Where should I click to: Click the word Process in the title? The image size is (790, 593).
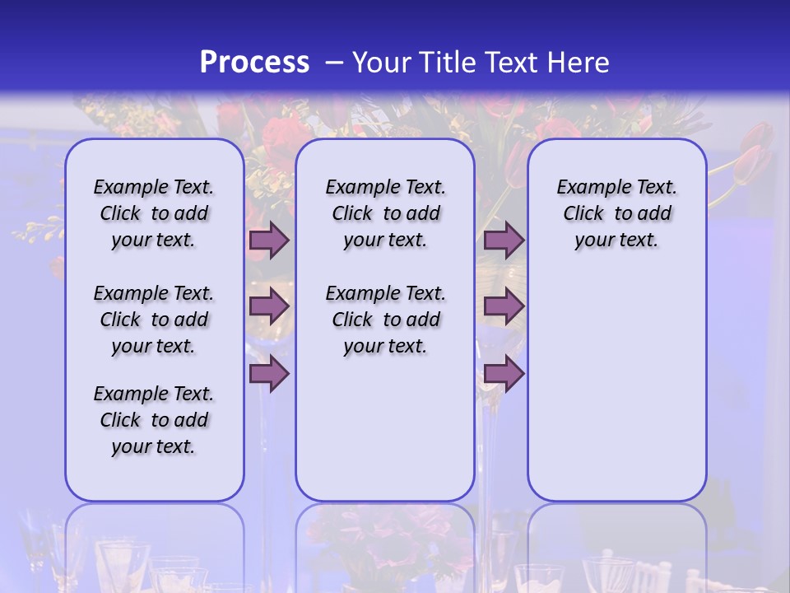point(254,63)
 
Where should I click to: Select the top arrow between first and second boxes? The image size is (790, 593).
point(269,240)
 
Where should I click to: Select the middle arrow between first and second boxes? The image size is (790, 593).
point(269,306)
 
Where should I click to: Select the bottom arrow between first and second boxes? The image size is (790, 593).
point(269,374)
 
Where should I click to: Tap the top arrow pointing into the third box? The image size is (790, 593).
point(504,240)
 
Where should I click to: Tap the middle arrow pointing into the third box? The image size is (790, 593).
point(504,306)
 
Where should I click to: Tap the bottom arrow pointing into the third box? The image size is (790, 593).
point(504,374)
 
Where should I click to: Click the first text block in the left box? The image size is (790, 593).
point(154,213)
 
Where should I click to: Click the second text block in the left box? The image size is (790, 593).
point(154,320)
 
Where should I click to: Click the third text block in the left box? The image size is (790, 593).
point(154,420)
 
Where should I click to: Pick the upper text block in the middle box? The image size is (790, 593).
point(385,213)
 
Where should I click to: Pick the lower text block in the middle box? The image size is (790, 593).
point(385,320)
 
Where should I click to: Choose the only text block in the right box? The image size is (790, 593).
point(616,213)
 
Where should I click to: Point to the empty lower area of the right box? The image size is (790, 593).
point(616,387)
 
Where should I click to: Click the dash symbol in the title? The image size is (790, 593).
point(334,63)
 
